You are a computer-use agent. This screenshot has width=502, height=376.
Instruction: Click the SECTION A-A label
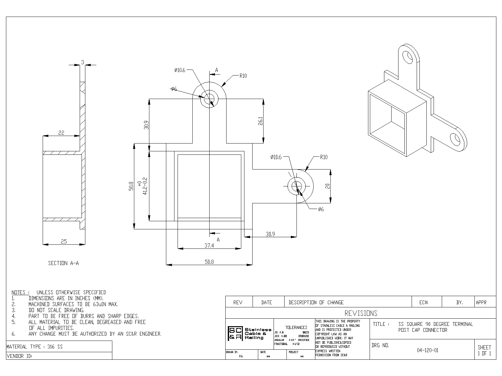point(63,263)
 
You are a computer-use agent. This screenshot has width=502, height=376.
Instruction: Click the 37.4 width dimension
point(209,246)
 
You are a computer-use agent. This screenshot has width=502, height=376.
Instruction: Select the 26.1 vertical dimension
point(260,122)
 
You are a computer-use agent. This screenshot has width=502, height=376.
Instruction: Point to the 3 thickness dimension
point(82,62)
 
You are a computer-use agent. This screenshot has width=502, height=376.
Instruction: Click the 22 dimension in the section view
point(61,133)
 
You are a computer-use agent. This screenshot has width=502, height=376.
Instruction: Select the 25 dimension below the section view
point(64,241)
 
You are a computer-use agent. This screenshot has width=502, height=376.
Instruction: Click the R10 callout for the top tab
point(243,76)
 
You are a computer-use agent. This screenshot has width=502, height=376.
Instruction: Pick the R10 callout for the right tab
point(323,157)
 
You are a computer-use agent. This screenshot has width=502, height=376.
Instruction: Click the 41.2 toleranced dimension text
point(145,186)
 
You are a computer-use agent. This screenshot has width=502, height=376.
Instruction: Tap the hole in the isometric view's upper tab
point(408,57)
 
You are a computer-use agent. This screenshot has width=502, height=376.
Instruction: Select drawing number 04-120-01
point(427,350)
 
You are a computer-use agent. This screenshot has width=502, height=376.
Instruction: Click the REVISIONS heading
point(361,313)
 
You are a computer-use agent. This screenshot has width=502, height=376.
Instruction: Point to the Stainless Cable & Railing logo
point(250,334)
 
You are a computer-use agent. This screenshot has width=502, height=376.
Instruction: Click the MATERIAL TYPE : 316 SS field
point(35,347)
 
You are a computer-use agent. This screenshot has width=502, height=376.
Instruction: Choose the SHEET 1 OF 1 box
point(484,350)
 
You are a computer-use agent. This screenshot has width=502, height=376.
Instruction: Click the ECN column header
point(423,302)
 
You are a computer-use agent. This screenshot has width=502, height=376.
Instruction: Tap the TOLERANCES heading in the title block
point(296,327)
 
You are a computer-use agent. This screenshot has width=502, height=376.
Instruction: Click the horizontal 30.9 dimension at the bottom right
point(270,234)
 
